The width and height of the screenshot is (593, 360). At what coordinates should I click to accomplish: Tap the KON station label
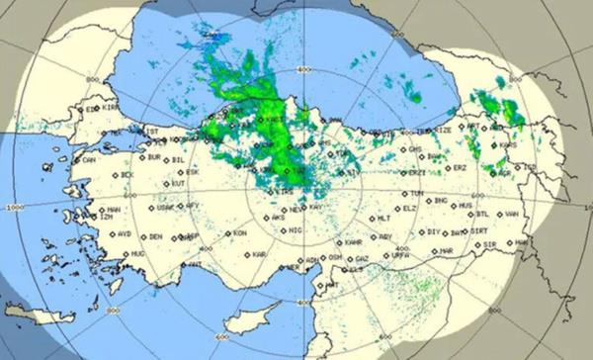coord(239,233)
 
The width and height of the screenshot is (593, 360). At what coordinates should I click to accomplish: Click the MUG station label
coord(136,254)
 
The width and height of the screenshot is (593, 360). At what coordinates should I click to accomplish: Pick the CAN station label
coord(89,159)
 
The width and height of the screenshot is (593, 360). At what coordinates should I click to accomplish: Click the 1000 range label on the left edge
coord(15,209)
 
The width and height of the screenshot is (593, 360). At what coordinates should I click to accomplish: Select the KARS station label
coord(509,144)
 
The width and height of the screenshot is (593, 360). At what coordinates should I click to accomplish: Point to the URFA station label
coord(400,254)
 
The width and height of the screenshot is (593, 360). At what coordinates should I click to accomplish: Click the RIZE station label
coord(444,130)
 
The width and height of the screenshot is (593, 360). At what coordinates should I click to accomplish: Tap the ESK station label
coord(192,171)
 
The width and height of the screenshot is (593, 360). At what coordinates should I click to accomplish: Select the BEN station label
coord(155,236)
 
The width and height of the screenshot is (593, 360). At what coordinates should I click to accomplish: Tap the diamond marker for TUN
coord(408,193)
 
